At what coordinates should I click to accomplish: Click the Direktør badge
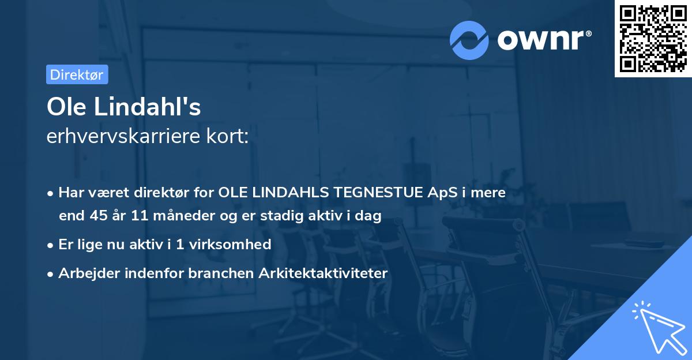[x=77, y=74]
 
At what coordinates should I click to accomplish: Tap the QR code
[x=653, y=39]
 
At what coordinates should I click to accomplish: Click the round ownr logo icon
[x=468, y=40]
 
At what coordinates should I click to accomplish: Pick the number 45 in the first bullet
[x=97, y=216]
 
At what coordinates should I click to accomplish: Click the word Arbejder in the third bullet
[x=84, y=273]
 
